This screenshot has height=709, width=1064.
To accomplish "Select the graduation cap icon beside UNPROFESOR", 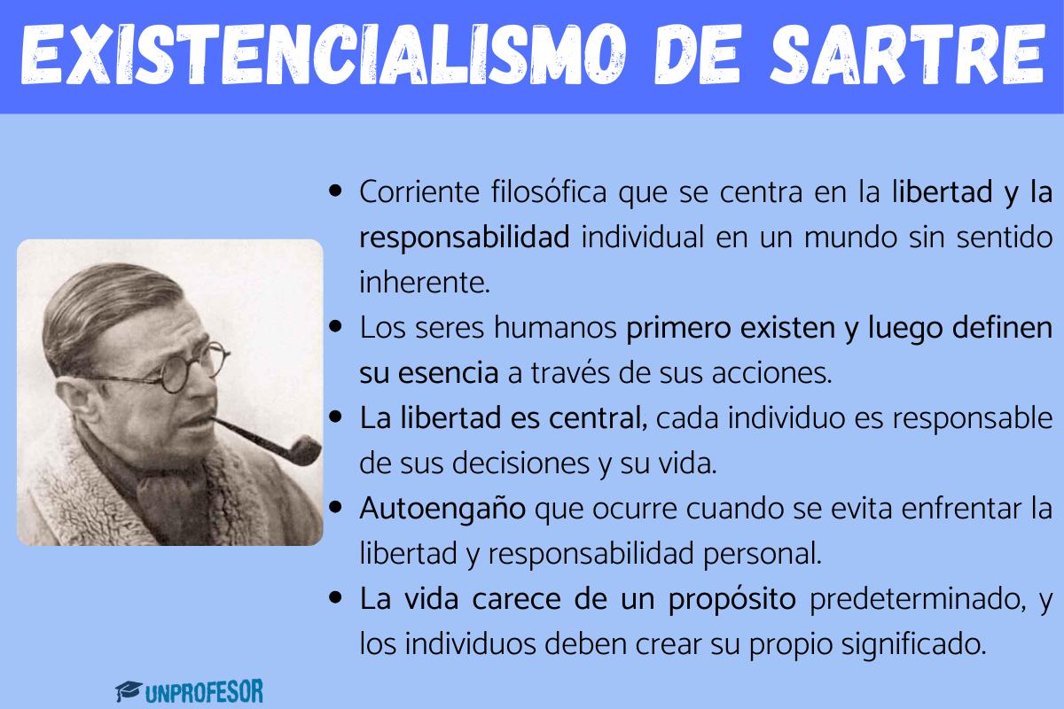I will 129,690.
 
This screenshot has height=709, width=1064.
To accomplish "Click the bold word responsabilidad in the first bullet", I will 465,237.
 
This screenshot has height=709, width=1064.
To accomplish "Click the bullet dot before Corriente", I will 335,191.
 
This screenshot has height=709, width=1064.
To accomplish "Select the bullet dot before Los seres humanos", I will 335,327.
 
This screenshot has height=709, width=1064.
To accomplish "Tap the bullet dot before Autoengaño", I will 335,509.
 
